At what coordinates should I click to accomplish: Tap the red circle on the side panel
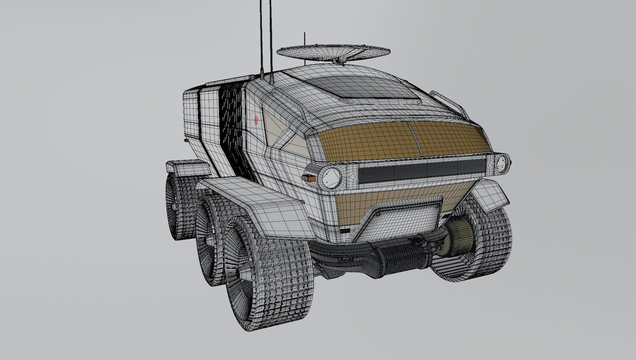pos(256,120)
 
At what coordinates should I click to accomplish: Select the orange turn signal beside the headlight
pos(308,178)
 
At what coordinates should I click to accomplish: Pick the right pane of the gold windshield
pos(449,136)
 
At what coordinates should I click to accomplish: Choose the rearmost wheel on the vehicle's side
pos(173,208)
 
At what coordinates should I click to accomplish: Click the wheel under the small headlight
pos(477,245)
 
